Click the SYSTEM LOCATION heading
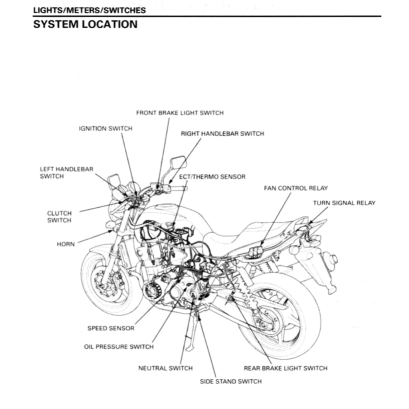[85, 24]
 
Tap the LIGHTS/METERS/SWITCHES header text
[89, 10]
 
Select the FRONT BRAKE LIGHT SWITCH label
[180, 113]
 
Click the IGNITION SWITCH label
[105, 129]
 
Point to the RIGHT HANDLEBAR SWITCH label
[222, 134]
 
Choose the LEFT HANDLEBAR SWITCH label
[66, 173]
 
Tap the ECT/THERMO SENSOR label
[212, 177]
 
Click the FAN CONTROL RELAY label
[296, 188]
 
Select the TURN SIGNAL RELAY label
[344, 203]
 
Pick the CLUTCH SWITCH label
[59, 217]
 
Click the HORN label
[66, 244]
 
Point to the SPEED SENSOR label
[111, 328]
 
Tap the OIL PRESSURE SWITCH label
[119, 347]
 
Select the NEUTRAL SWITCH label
[165, 368]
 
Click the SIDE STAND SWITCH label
[231, 381]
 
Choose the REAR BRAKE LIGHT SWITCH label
[285, 368]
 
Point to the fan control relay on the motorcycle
[256, 250]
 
